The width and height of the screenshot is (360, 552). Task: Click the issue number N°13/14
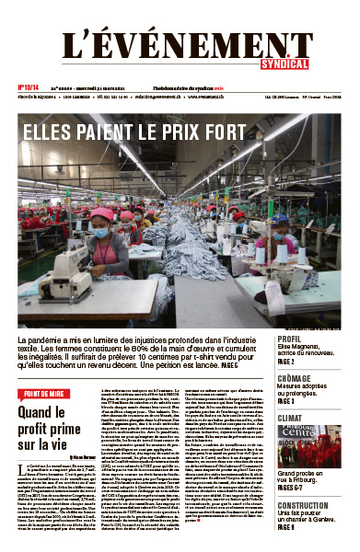point(30,88)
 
